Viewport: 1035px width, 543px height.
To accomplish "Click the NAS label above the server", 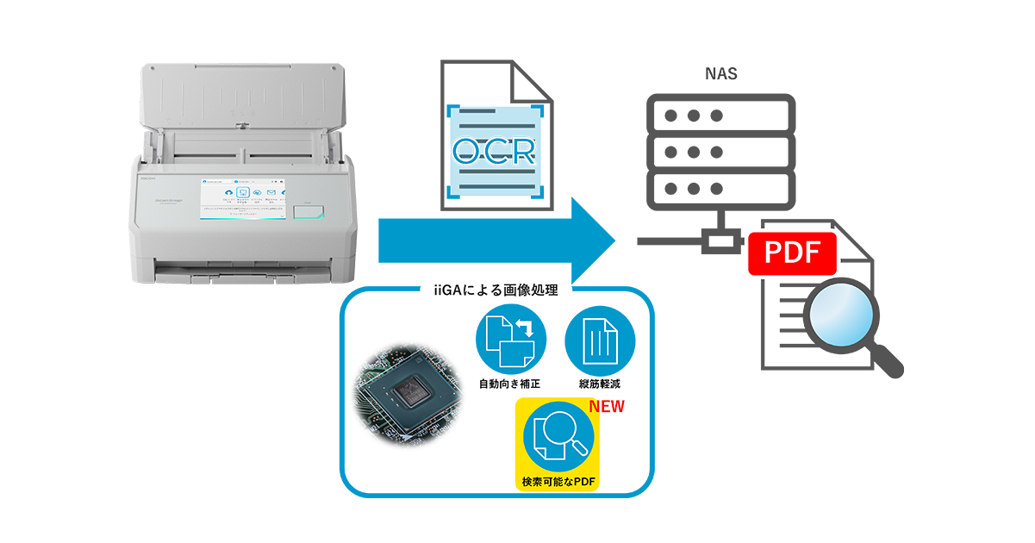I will (720, 74).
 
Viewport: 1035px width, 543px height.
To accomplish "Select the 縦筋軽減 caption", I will (600, 383).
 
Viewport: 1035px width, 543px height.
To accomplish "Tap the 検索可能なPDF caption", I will (558, 480).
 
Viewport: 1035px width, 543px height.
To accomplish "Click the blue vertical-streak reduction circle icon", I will (600, 340).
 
